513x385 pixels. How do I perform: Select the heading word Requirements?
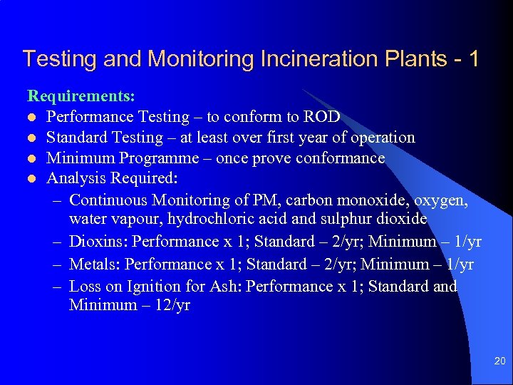tap(81, 95)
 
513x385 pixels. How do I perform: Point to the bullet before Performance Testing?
tap(32, 117)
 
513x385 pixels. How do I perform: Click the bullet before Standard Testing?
tap(32, 138)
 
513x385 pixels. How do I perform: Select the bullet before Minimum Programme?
tap(32, 158)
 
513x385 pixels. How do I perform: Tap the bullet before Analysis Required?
tap(32, 179)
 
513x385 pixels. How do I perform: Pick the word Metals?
tap(95, 264)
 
